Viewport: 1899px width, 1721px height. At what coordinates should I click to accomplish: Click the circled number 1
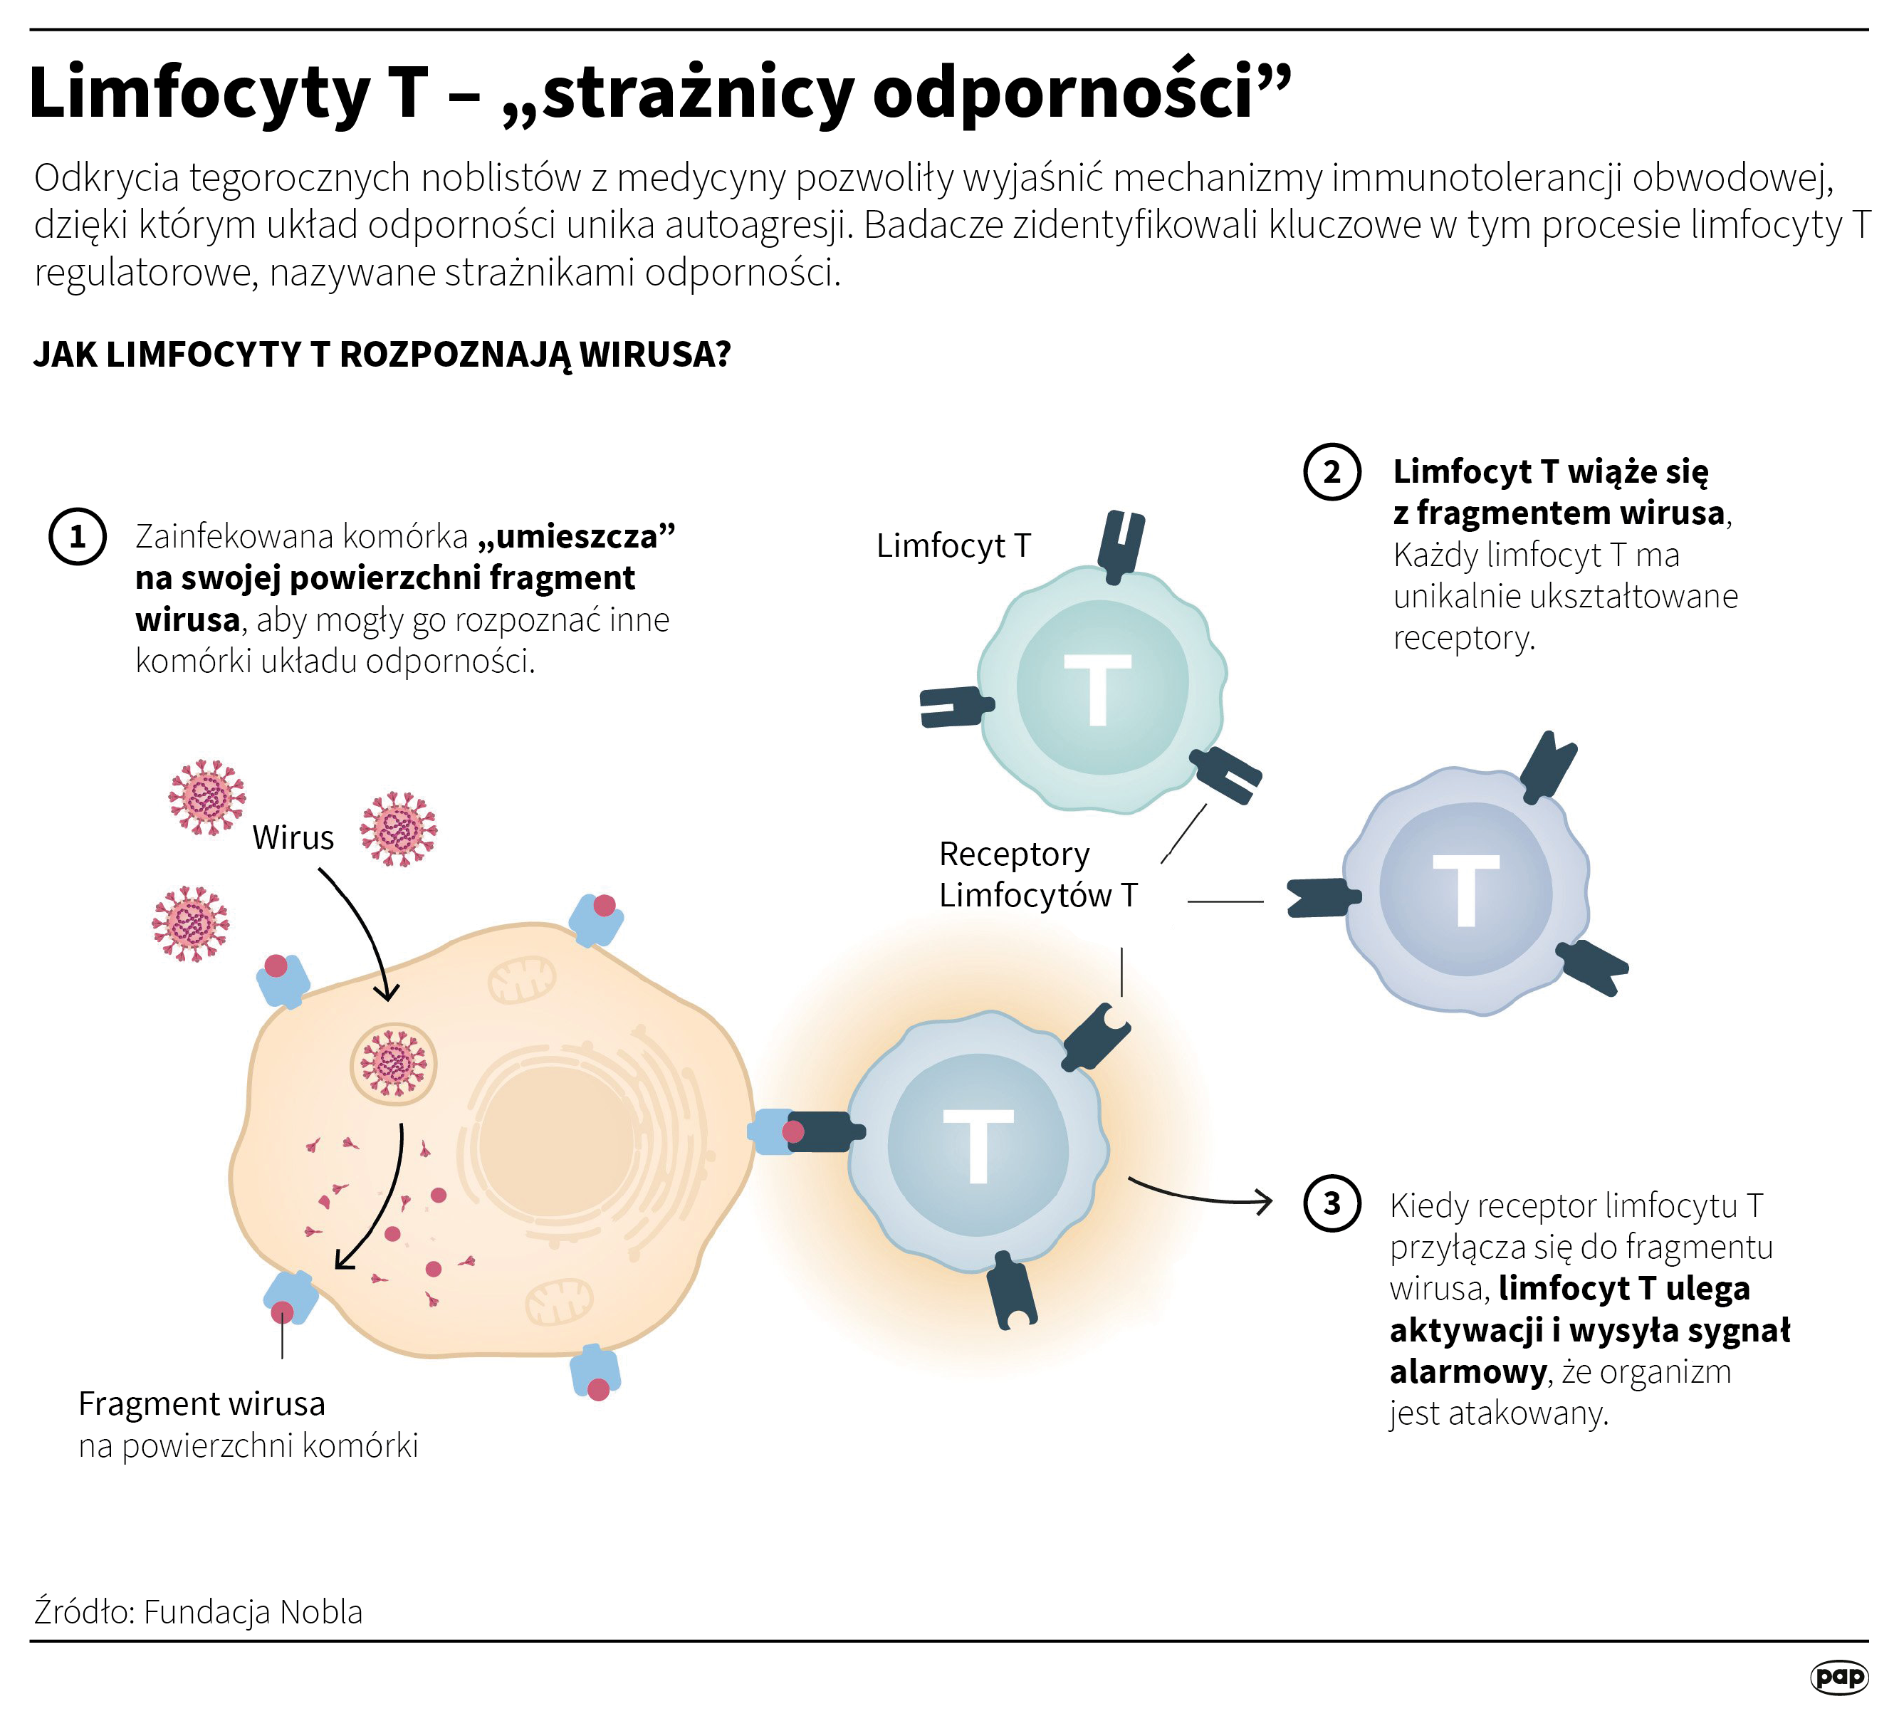[77, 537]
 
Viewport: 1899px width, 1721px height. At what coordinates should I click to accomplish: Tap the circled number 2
[1332, 471]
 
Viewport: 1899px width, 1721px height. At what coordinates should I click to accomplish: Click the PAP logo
[1838, 1677]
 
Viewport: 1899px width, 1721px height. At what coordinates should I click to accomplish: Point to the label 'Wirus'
[293, 837]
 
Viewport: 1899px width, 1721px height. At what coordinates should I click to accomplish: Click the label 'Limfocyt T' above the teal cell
[953, 545]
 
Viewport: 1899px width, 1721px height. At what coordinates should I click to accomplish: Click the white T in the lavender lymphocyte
[1465, 890]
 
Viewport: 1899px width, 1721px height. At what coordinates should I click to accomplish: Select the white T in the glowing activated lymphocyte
[979, 1146]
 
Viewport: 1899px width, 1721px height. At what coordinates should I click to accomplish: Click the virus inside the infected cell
[394, 1064]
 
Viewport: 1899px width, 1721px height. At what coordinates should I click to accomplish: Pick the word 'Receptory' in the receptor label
[1013, 854]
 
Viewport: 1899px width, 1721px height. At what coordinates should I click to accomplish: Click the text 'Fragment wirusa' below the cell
[202, 1403]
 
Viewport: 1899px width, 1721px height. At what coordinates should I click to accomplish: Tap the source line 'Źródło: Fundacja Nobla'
[198, 1612]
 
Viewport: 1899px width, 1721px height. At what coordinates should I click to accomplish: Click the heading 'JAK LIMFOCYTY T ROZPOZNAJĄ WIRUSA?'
[382, 354]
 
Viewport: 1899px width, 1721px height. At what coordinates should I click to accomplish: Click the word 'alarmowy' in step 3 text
[1468, 1371]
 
